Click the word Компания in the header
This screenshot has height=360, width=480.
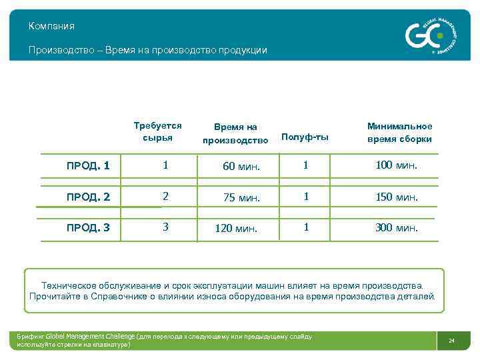pyautogui.click(x=51, y=26)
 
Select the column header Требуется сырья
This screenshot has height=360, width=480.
pyautogui.click(x=157, y=131)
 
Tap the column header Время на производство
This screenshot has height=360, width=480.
pyautogui.click(x=235, y=133)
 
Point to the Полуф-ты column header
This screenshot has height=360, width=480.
pyautogui.click(x=305, y=137)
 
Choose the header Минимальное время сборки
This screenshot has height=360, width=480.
pyautogui.click(x=399, y=132)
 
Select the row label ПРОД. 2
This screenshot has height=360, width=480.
pyautogui.click(x=87, y=197)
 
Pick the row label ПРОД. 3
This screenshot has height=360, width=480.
pyautogui.click(x=87, y=228)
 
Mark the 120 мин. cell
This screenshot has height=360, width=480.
pyautogui.click(x=236, y=229)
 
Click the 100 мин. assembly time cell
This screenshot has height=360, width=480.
pyautogui.click(x=397, y=165)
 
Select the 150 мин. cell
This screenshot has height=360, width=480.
pyautogui.click(x=397, y=197)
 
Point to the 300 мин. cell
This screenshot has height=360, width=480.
pyautogui.click(x=397, y=227)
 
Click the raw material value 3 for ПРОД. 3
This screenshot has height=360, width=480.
pyautogui.click(x=165, y=227)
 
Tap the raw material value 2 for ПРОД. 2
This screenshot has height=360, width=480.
pyautogui.click(x=165, y=196)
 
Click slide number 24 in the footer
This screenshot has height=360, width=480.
pyautogui.click(x=451, y=341)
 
